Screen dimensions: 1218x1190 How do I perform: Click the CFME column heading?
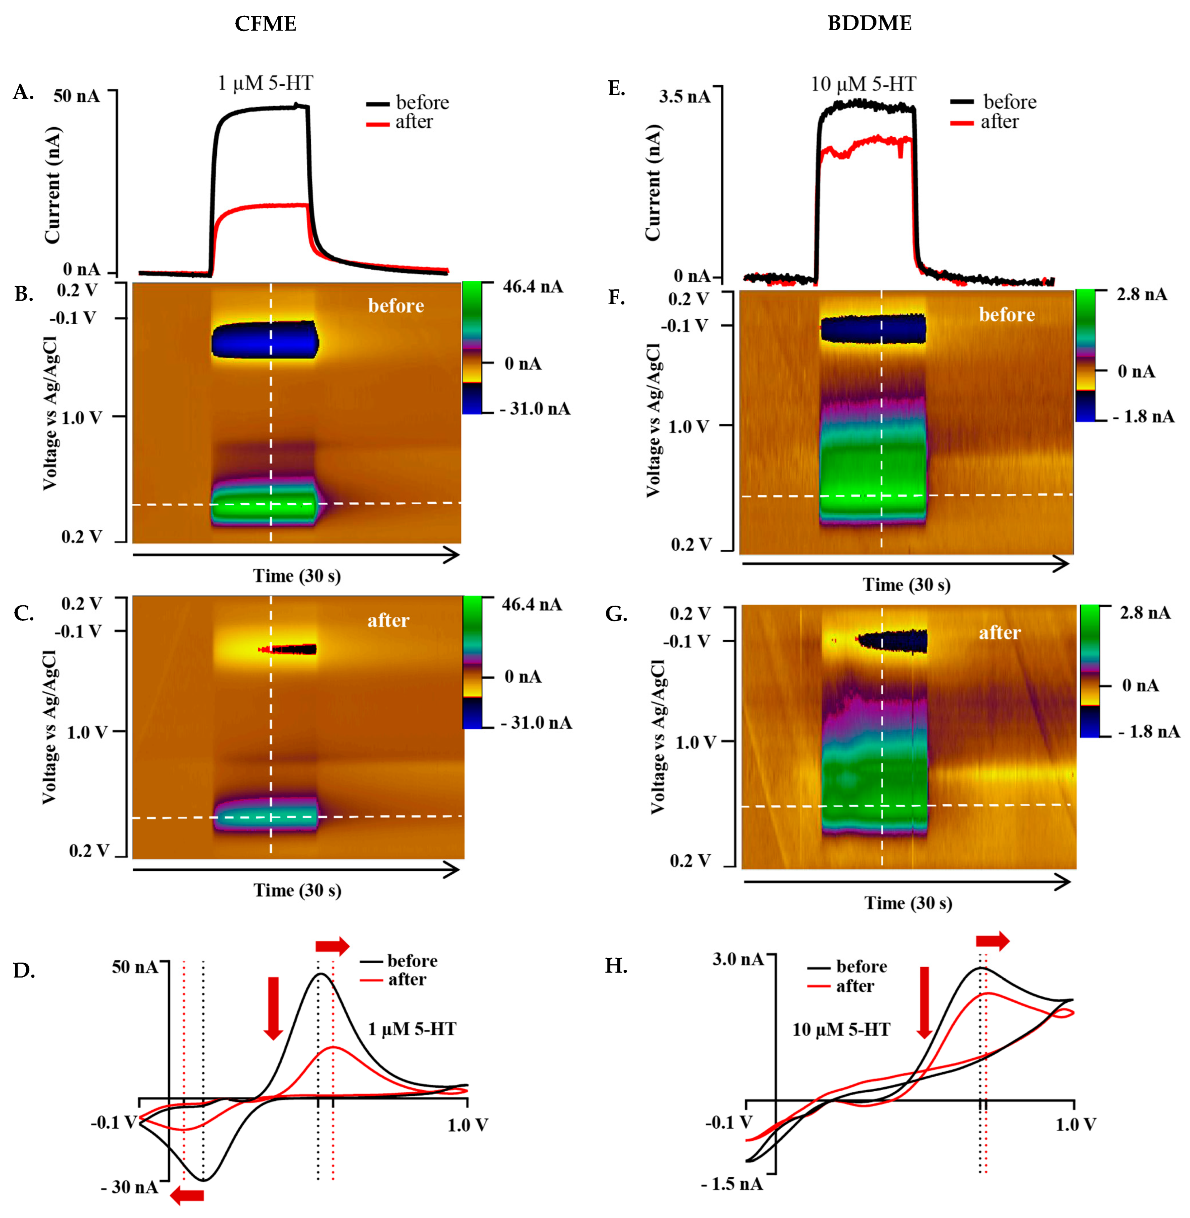click(265, 24)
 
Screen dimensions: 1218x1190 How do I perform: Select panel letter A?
click(23, 93)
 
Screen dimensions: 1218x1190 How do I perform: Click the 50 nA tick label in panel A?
click(76, 96)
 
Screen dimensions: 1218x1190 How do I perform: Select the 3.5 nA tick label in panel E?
click(685, 97)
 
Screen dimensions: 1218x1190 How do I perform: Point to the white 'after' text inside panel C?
click(388, 621)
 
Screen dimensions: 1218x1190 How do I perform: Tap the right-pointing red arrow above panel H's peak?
click(992, 940)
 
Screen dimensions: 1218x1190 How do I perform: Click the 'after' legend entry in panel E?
click(999, 122)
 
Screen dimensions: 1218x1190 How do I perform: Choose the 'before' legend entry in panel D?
click(412, 960)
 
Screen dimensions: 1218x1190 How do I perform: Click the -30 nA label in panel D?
click(130, 1188)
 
